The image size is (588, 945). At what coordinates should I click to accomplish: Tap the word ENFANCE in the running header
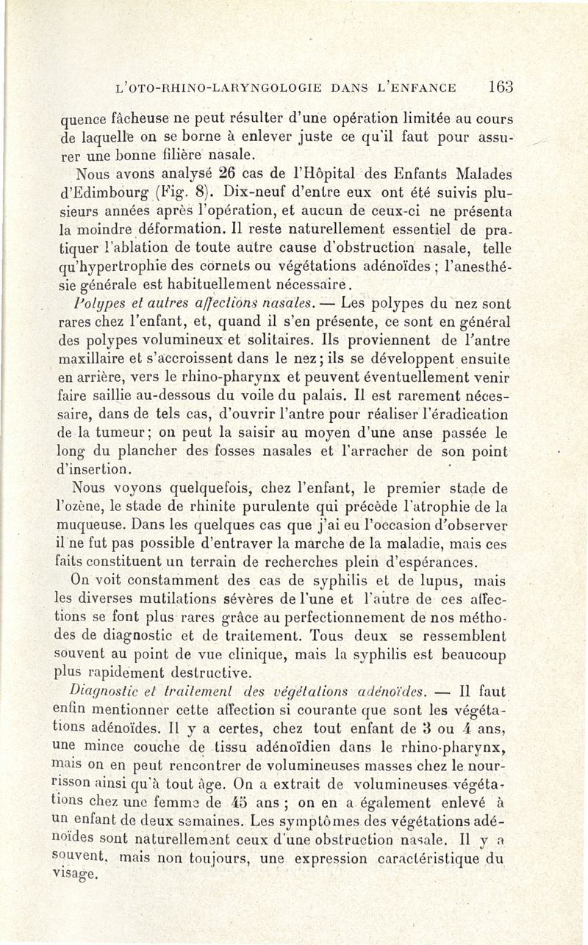click(426, 87)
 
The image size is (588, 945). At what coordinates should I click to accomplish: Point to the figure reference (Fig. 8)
click(173, 195)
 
